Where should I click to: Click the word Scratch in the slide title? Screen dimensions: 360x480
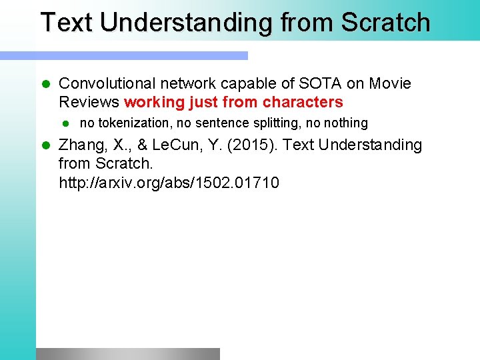[385, 22]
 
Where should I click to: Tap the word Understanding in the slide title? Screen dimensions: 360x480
[186, 22]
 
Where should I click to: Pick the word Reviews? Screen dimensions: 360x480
[89, 102]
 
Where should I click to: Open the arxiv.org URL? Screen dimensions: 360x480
[169, 182]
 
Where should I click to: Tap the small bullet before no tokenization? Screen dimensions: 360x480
[65, 123]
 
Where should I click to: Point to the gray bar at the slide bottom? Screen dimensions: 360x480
[127, 353]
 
